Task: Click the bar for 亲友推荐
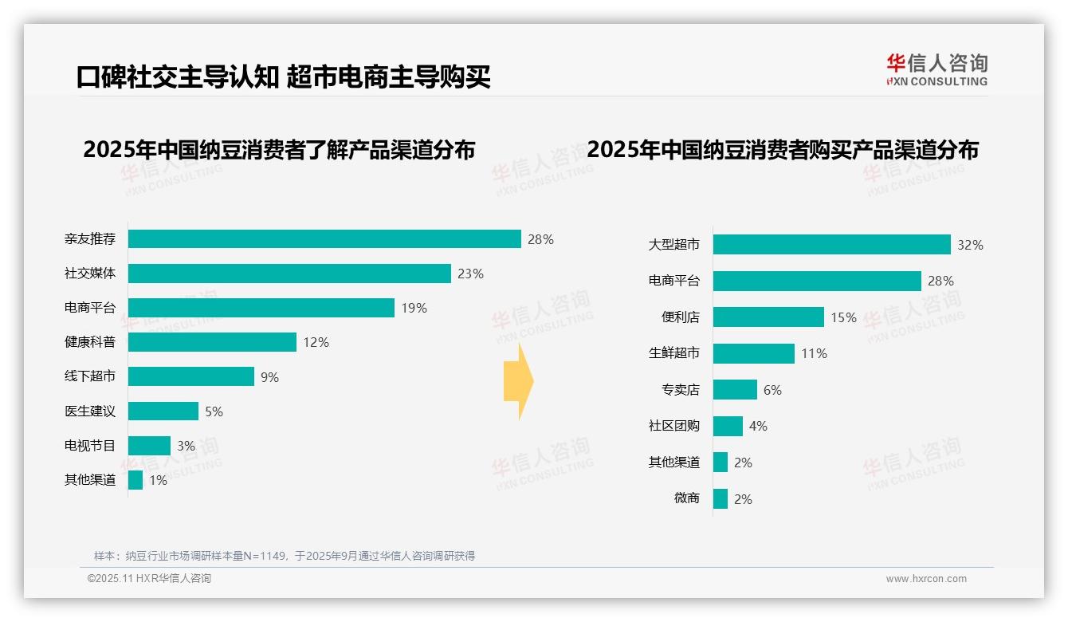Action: pos(324,239)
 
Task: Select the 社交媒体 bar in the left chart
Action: pos(289,274)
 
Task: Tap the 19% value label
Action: pos(414,308)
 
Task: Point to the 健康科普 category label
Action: pos(90,342)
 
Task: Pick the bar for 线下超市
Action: pos(191,376)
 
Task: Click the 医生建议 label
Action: pos(90,411)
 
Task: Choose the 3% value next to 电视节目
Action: pos(186,446)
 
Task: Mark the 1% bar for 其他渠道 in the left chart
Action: pos(135,480)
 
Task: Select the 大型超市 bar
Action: pos(832,245)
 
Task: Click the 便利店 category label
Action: pos(680,317)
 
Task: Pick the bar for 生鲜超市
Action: pos(754,353)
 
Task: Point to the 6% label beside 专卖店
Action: pos(772,390)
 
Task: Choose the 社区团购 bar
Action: pos(728,426)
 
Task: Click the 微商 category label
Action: pos(686,498)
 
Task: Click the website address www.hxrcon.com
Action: pos(926,579)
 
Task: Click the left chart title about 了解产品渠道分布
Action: pos(279,150)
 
